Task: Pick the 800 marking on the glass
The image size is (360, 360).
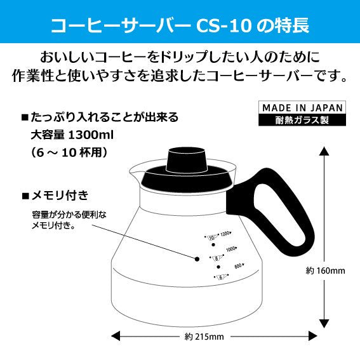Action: pos(239,266)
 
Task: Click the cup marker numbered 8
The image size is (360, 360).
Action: pos(216,258)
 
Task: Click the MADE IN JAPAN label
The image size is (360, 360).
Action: pos(303,107)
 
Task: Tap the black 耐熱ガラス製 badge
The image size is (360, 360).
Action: pos(303,119)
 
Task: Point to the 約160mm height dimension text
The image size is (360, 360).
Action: pos(324,270)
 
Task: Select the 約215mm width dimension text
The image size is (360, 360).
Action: pos(204,336)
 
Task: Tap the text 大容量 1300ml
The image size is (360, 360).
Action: pos(71,135)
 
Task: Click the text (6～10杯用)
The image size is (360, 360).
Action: pos(68,152)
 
